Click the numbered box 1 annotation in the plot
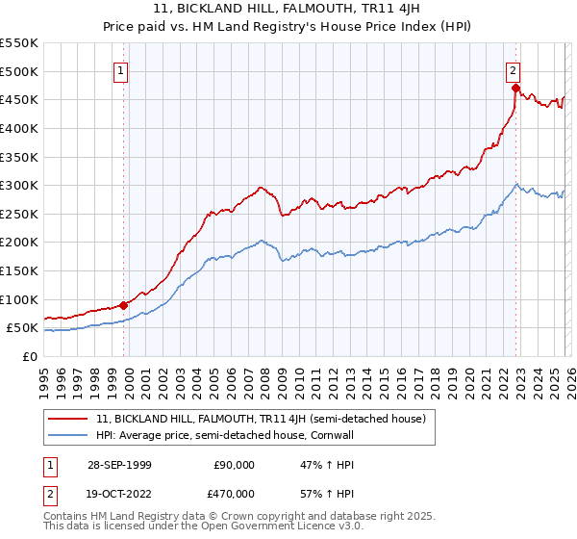(x=121, y=69)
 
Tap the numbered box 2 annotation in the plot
(x=514, y=69)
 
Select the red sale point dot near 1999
(x=124, y=305)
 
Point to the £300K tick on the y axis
(x=19, y=185)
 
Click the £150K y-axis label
(x=19, y=271)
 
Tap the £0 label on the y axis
(x=29, y=357)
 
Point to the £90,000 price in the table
(x=233, y=465)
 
